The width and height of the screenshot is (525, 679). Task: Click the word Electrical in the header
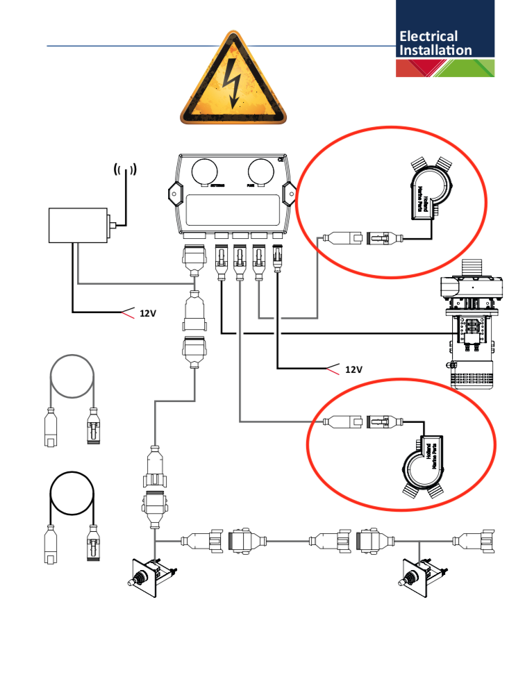click(428, 36)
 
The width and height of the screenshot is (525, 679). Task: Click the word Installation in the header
click(435, 50)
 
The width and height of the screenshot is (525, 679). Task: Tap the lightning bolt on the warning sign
click(233, 84)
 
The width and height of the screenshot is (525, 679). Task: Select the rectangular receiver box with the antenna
click(76, 226)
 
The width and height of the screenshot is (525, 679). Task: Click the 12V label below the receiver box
click(147, 313)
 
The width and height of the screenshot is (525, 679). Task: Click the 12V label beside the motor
click(353, 369)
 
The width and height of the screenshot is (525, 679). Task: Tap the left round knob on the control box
click(206, 171)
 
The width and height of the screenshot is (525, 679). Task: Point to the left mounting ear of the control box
click(173, 194)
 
